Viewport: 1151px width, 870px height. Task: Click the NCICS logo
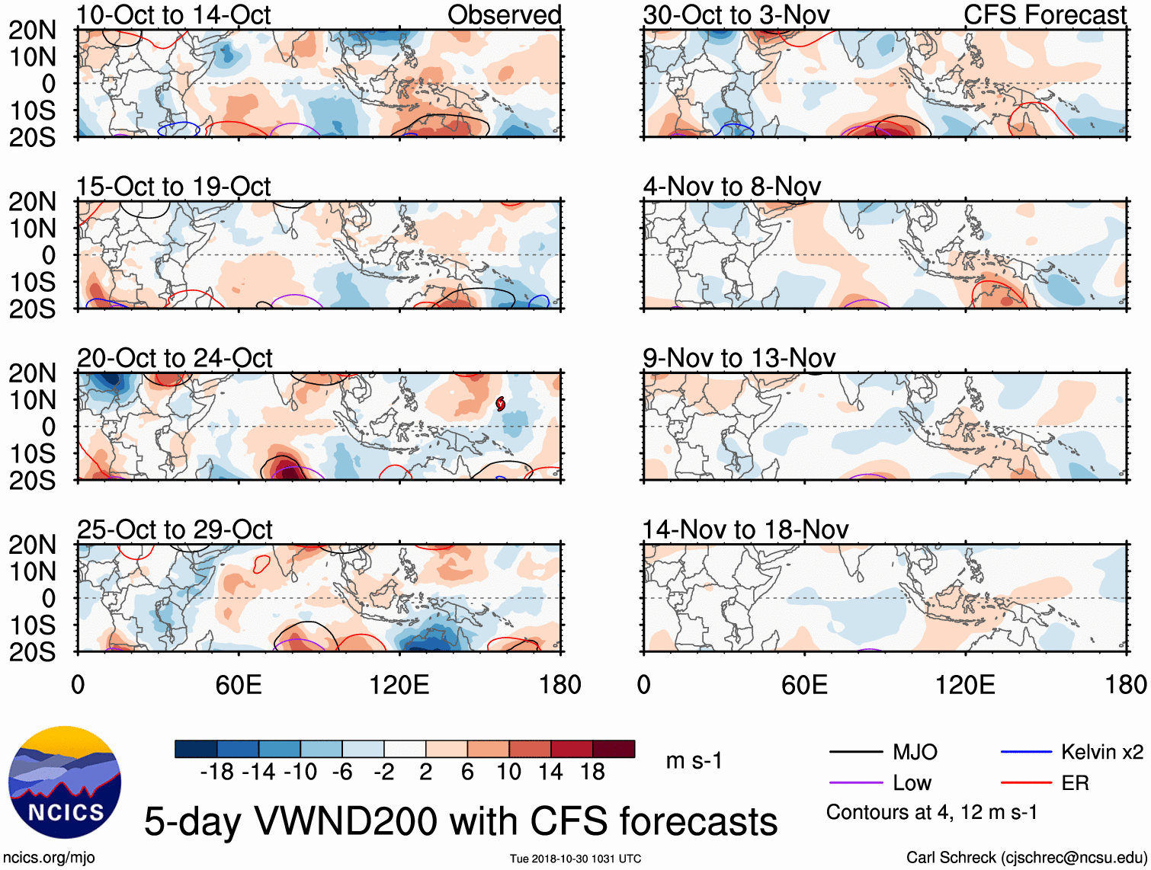coord(65,782)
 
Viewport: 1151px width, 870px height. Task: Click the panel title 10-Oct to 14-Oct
coord(174,15)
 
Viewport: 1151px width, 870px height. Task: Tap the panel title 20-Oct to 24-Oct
coord(175,358)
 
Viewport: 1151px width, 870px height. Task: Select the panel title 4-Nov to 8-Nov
coord(732,187)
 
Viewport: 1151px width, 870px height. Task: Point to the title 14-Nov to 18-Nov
coord(745,529)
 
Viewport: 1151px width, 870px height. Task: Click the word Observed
coord(504,15)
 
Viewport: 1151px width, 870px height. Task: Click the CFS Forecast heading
coord(1044,15)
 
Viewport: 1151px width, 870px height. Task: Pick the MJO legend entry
coord(915,753)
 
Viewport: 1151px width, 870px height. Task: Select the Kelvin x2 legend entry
coord(1101,753)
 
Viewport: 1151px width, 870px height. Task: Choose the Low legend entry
coord(912,783)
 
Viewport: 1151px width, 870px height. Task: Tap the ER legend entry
coord(1075,783)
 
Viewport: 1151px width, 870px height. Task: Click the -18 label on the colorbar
coord(217,772)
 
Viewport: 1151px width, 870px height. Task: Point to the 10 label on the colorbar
coord(508,772)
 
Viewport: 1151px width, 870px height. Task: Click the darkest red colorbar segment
coord(614,750)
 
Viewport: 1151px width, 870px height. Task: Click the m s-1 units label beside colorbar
coord(694,761)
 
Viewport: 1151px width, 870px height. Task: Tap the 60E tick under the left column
coord(239,685)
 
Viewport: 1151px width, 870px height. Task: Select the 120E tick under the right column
coord(965,685)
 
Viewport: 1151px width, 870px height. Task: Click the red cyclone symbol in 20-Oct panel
coord(500,404)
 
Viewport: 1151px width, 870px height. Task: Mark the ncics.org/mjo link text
coord(48,858)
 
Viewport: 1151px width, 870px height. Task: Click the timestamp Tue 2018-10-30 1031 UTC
coord(575,859)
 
